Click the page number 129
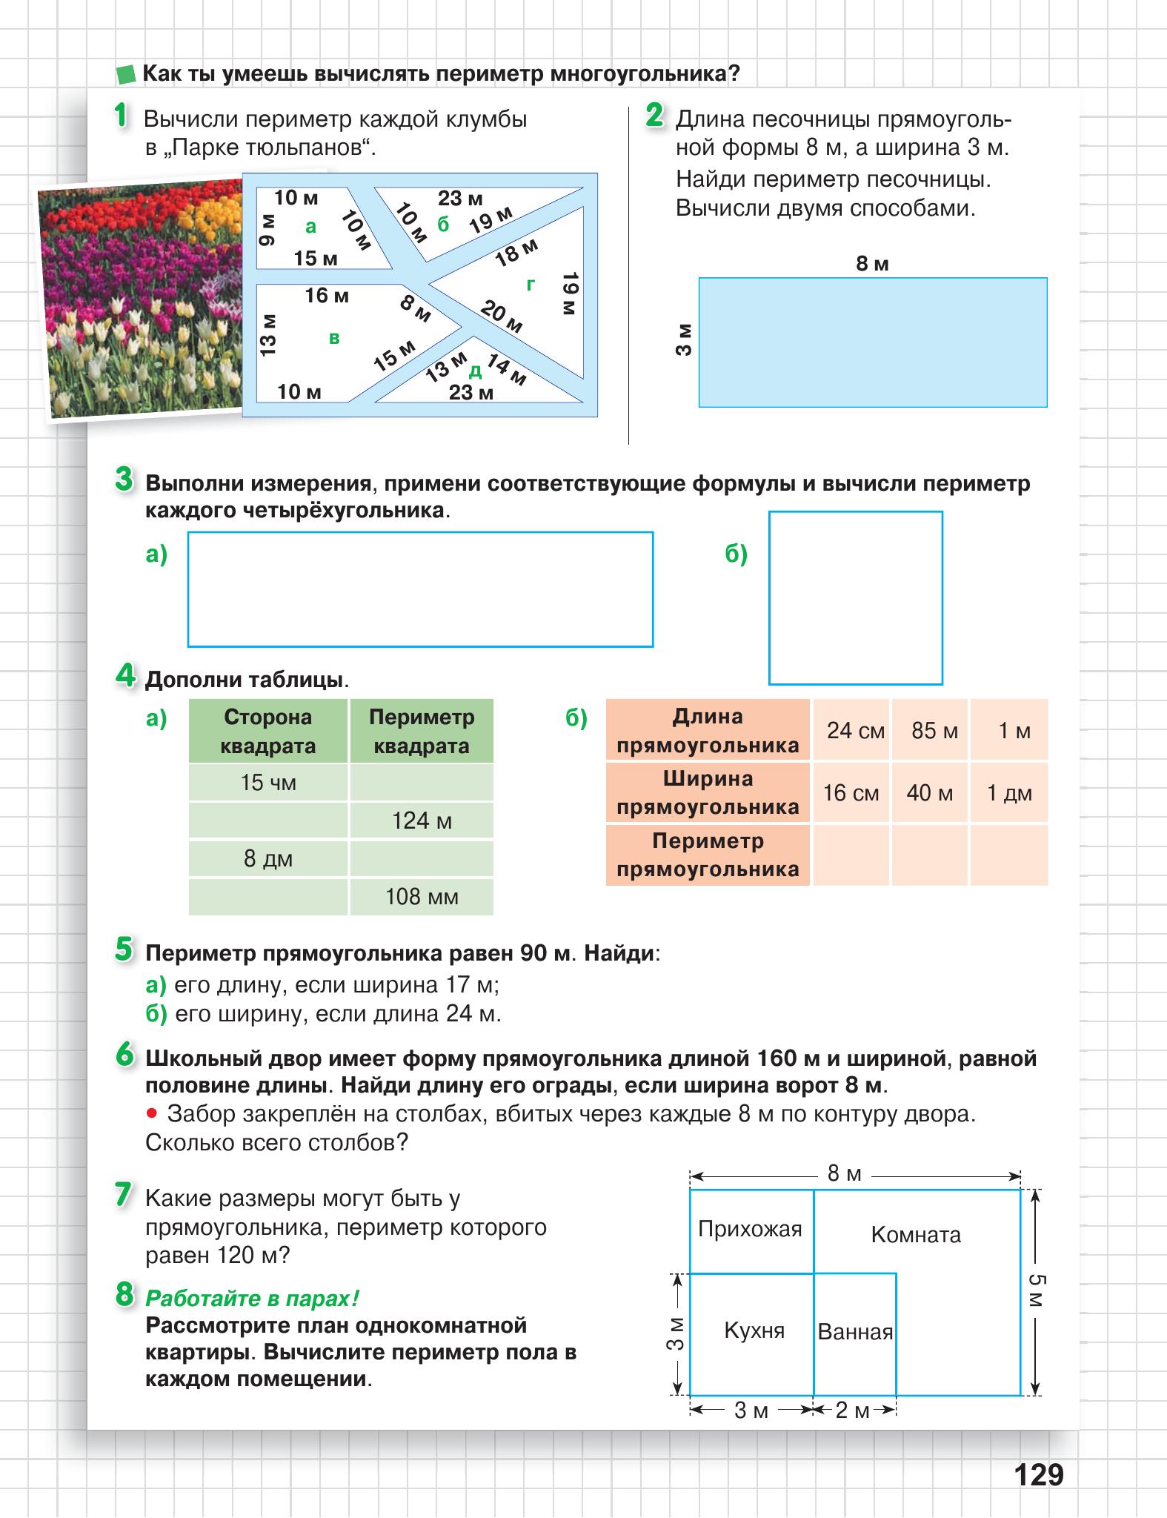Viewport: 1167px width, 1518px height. (1039, 1474)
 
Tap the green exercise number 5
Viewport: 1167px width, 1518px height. (124, 949)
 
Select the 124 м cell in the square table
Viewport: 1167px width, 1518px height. (422, 821)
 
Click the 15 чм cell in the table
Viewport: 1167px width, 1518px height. (268, 783)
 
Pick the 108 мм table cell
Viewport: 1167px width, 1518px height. (422, 897)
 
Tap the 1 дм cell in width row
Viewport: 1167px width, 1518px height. (1009, 793)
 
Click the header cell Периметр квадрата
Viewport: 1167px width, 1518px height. (422, 732)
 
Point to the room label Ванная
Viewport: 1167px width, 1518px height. (855, 1332)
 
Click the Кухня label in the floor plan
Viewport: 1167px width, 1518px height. (754, 1330)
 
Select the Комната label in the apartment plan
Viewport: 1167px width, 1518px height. (916, 1235)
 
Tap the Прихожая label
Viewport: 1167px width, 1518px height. (750, 1229)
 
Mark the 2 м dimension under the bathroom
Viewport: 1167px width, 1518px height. (852, 1411)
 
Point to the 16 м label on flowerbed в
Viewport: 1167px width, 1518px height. (327, 296)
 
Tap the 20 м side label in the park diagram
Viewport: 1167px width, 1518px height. (502, 316)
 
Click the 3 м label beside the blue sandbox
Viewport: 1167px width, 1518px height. (683, 339)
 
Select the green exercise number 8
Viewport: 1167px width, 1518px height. (124, 1295)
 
